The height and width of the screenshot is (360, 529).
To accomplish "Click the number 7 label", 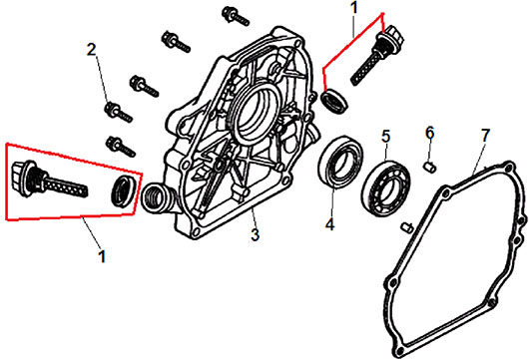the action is click(485, 136).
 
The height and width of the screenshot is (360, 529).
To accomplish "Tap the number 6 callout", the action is click(429, 134).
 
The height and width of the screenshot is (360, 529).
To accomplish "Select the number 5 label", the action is click(385, 137).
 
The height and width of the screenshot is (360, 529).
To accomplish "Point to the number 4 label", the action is click(329, 224).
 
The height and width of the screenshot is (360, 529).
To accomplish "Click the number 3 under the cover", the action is click(256, 234).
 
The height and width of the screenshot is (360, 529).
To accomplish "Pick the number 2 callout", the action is click(92, 50).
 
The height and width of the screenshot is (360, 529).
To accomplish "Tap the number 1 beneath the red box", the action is click(102, 256).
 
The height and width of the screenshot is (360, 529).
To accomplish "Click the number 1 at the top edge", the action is click(354, 8).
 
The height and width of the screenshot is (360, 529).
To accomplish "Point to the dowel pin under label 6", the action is click(430, 167).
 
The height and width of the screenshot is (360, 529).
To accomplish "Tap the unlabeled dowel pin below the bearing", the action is click(407, 227).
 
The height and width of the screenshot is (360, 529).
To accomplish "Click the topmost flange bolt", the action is click(236, 15).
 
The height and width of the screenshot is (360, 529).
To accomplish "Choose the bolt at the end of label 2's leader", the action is click(119, 113).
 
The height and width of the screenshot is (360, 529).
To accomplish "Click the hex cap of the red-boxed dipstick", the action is click(22, 177).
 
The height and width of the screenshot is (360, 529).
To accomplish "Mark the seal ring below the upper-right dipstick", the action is click(334, 99).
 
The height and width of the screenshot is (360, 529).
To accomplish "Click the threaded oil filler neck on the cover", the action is click(156, 198).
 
